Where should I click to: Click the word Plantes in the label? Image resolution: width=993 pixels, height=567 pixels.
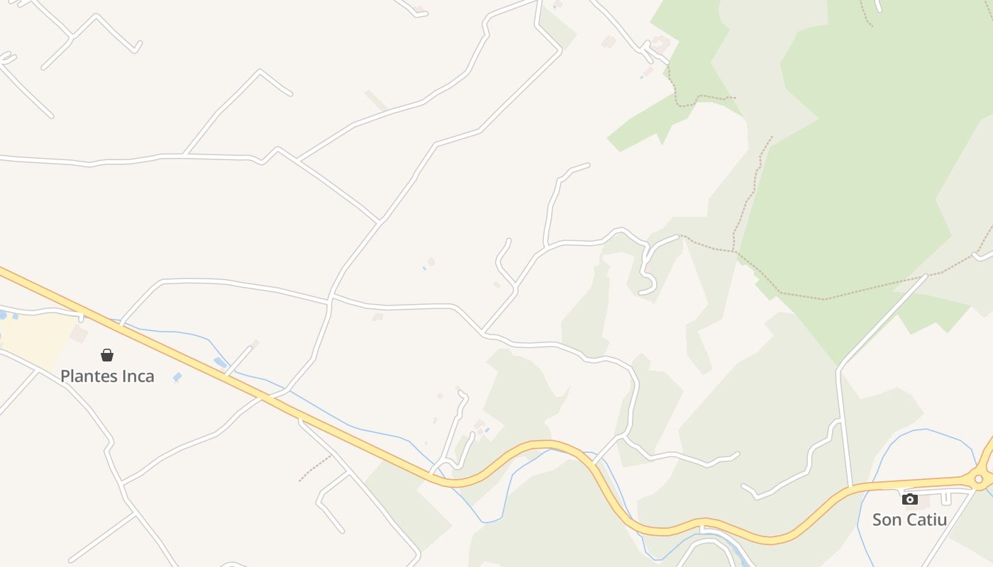tap(87, 376)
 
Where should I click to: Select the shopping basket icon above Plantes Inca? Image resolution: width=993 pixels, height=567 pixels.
tap(107, 355)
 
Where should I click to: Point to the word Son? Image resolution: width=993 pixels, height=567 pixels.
tap(887, 520)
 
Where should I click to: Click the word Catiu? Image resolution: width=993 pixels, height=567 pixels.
tap(926, 520)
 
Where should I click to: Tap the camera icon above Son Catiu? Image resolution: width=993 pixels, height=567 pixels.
tap(910, 499)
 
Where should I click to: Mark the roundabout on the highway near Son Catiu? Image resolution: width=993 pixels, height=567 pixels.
tap(979, 479)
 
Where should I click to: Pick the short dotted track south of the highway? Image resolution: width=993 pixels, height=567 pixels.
tap(315, 468)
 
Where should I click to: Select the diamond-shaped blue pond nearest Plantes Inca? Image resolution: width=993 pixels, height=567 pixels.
tap(177, 377)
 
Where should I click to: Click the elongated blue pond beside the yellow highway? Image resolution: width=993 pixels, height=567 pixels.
tap(221, 363)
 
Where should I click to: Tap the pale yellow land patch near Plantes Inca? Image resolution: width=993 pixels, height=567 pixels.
tap(35, 340)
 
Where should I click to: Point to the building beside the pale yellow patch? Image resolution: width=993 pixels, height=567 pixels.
tap(79, 334)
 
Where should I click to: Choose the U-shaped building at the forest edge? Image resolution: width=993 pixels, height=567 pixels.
tap(661, 45)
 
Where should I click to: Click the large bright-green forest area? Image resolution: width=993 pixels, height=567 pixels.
tap(865, 177)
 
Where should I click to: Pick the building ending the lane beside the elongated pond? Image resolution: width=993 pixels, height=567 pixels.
tap(255, 343)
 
